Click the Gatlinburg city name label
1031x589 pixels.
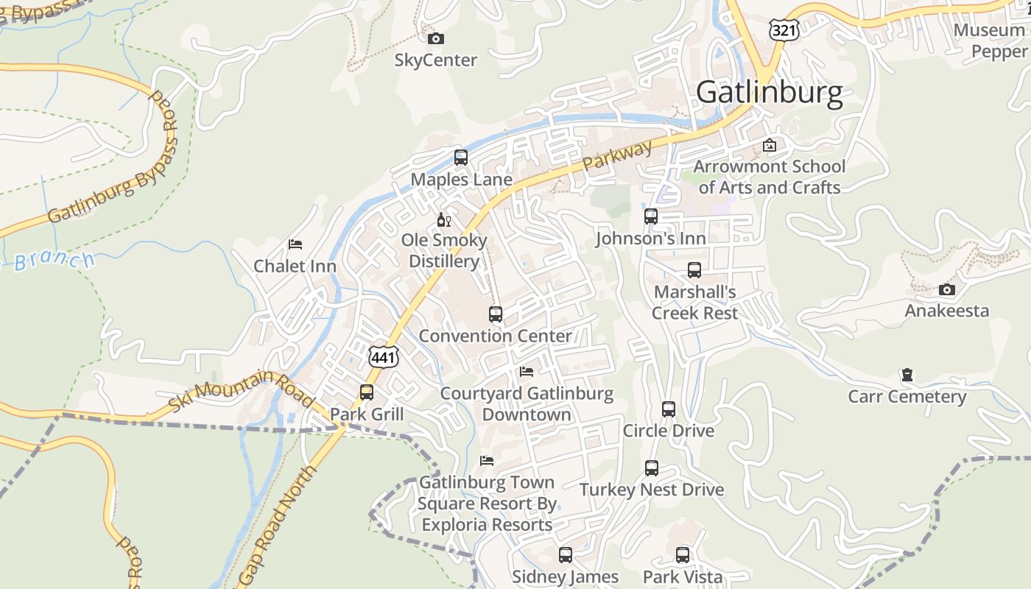(769, 93)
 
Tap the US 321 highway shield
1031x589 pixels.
(782, 29)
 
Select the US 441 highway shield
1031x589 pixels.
(384, 358)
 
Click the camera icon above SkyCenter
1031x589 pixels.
(436, 38)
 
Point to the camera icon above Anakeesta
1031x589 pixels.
(947, 289)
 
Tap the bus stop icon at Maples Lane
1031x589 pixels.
(461, 157)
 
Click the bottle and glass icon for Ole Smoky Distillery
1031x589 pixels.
(444, 219)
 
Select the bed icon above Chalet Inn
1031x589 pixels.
(295, 244)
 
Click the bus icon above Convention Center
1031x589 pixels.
(496, 314)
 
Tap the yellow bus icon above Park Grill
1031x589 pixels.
(367, 392)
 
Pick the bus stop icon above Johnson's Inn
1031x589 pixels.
(651, 216)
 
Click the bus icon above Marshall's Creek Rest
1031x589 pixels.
(694, 270)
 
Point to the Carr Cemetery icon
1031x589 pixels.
(907, 375)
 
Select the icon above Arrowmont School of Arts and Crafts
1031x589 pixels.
(770, 145)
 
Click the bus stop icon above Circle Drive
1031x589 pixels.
(669, 409)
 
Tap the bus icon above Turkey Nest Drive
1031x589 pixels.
(652, 468)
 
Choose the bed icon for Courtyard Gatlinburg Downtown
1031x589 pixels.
(527, 372)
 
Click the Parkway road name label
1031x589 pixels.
(617, 155)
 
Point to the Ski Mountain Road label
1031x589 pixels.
(242, 391)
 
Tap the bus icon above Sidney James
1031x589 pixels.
(566, 555)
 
